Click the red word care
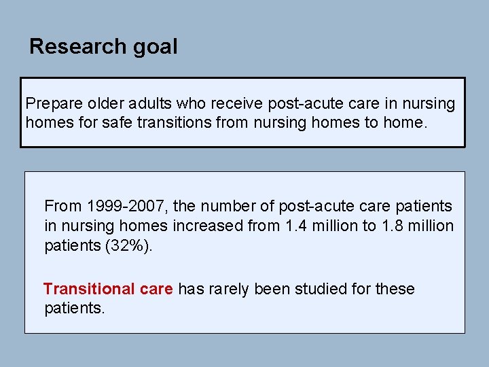click(156, 289)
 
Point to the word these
click(395, 289)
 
